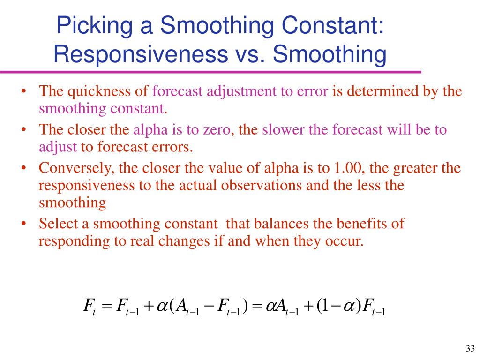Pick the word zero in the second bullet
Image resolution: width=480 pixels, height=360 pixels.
point(219,129)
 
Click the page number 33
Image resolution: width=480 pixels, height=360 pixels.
point(470,348)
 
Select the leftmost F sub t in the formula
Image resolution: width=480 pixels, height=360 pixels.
point(89,307)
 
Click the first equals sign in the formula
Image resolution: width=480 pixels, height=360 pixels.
point(106,307)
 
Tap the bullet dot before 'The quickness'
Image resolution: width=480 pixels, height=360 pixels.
point(23,91)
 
